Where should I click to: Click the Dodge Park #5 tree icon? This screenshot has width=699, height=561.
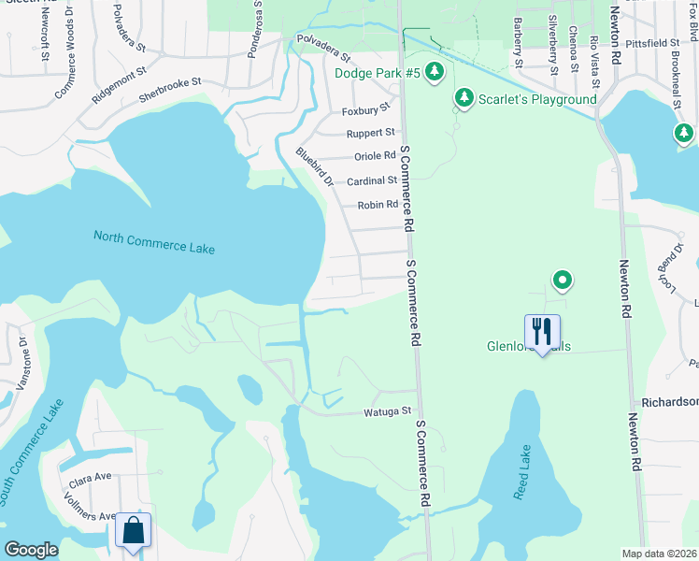434,71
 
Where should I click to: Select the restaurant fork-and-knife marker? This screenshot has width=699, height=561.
542,332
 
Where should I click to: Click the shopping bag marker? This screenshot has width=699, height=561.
133,530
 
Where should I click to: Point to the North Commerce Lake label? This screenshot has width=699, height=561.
154,242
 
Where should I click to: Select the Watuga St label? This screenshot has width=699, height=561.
387,410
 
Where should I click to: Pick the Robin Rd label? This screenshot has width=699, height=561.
378,204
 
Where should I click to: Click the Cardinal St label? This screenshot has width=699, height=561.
372,180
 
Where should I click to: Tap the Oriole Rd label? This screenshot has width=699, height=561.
375,156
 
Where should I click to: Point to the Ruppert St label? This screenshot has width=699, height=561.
371,133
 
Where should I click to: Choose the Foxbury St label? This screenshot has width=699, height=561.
365,109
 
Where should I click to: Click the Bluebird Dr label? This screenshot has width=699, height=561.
314,166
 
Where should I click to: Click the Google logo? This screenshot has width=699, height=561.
31,550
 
